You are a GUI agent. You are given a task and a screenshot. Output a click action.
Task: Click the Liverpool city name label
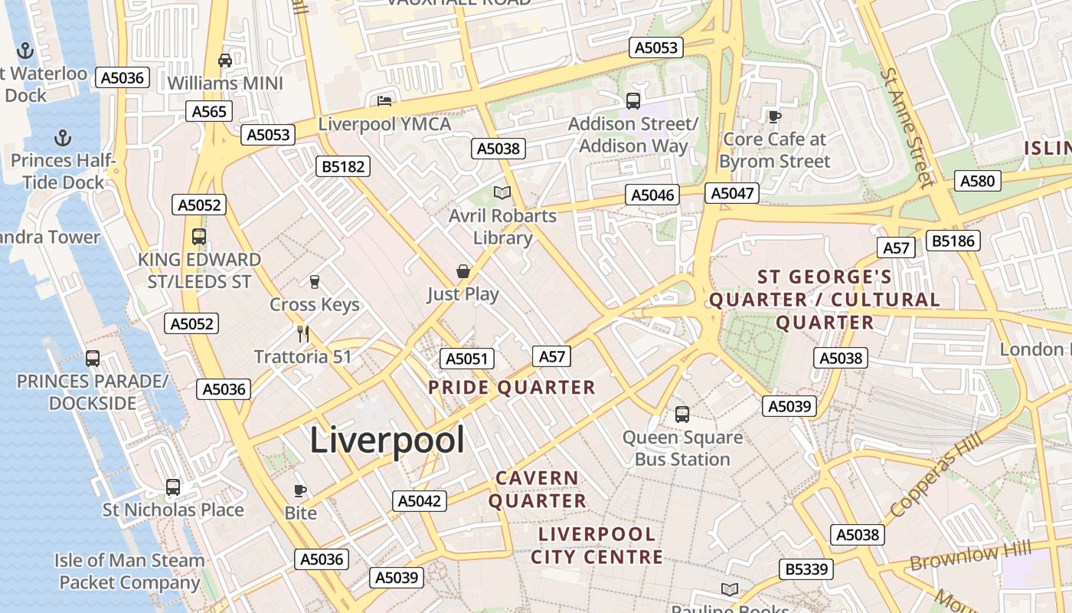(x=387, y=441)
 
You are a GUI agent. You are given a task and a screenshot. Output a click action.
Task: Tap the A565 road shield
(x=209, y=112)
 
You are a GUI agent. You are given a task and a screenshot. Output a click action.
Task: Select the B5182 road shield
(x=343, y=166)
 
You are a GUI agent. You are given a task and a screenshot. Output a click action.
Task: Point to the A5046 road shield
(x=653, y=195)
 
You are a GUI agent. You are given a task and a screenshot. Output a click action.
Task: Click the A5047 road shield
(x=733, y=193)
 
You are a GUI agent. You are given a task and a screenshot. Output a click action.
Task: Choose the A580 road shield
(x=977, y=181)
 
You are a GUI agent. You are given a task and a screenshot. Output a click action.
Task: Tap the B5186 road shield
(x=953, y=241)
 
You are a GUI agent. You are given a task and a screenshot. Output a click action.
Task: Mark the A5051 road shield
(x=467, y=359)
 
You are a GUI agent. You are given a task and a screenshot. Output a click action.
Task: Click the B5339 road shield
(x=806, y=569)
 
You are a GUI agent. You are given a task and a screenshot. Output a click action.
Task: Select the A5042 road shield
(x=420, y=501)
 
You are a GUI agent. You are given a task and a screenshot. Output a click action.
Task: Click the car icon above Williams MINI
(x=225, y=61)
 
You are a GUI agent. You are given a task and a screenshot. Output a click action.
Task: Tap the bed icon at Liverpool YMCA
(x=384, y=101)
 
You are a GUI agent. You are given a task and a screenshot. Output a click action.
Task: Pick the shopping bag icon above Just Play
(x=462, y=271)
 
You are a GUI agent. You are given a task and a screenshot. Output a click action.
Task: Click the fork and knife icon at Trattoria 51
(x=303, y=334)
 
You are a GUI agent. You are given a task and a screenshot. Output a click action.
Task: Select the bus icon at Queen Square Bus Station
(x=682, y=415)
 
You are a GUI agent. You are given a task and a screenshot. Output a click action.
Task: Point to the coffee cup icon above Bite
(x=300, y=490)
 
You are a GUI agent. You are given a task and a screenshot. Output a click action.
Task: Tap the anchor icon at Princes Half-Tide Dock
(x=63, y=138)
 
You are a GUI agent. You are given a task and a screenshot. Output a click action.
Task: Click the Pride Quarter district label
(x=511, y=388)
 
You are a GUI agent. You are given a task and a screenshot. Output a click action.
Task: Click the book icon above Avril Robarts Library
(x=502, y=193)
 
